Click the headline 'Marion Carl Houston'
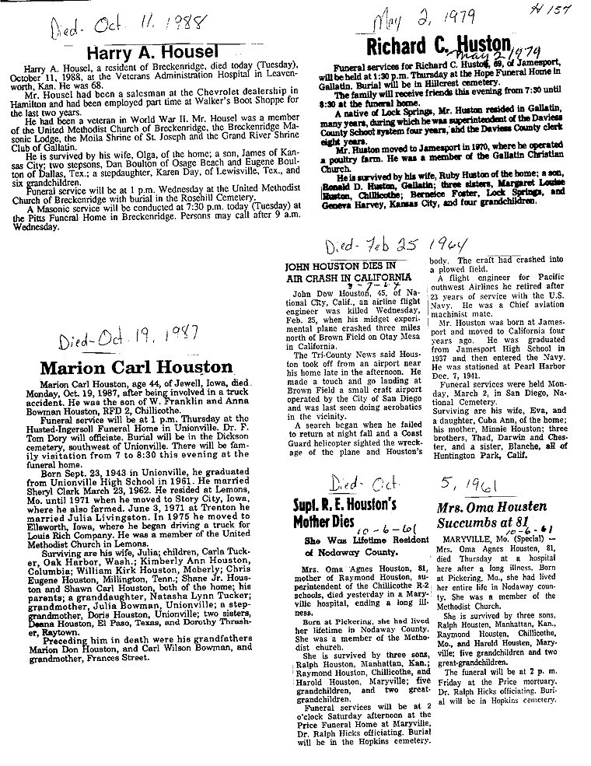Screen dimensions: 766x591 click(x=136, y=367)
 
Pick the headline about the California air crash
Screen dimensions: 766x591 click(x=348, y=271)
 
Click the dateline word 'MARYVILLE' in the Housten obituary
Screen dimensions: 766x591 click(x=465, y=537)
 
